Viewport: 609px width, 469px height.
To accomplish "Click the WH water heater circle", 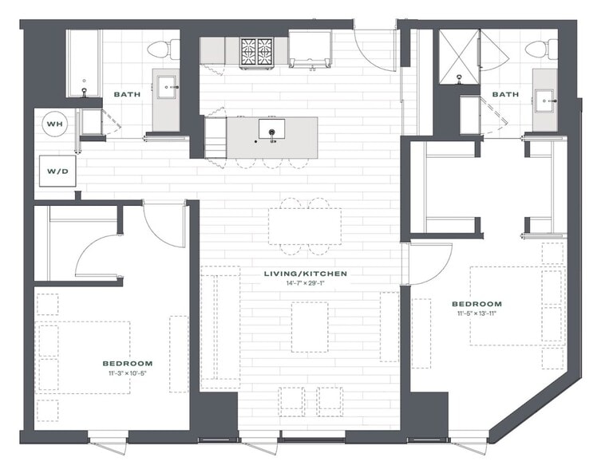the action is coord(55,124).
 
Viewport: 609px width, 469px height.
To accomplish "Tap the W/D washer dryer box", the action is coord(57,171).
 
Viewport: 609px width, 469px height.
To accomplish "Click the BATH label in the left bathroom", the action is coord(127,94).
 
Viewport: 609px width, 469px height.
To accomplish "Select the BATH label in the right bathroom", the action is coord(505,94).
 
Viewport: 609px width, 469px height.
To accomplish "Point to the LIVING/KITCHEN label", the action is coord(305,274).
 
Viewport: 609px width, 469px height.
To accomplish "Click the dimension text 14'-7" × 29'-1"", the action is coord(305,283).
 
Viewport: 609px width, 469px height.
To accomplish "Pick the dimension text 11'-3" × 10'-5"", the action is coord(128,373).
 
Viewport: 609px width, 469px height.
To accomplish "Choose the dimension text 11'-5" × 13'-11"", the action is coord(477,313).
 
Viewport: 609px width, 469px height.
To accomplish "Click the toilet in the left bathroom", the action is coord(163,49).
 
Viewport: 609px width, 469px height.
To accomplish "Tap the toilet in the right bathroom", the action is coord(541,49).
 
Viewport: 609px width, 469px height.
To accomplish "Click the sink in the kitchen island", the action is coord(271,129).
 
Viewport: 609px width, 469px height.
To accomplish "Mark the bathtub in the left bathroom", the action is coord(84,63).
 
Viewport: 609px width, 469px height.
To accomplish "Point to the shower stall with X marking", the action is coord(459,57).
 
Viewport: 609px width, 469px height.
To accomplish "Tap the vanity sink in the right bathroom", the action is coord(546,101).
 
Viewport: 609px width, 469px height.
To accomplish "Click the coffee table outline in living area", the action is coord(310,327).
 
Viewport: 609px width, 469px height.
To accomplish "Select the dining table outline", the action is coord(305,227).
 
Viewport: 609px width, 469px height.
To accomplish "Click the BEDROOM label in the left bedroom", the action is coord(128,364).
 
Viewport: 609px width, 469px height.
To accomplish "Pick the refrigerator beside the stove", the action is coord(310,49).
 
